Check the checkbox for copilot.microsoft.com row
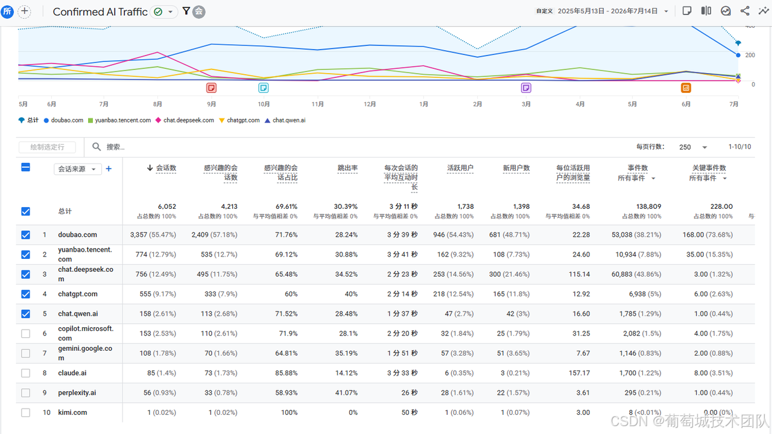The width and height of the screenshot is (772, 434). (25, 334)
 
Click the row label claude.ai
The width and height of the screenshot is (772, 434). (72, 373)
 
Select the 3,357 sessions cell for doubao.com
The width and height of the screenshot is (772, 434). (153, 235)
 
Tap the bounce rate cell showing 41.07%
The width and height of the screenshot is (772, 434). (346, 392)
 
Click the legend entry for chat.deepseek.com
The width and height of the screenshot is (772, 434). (185, 120)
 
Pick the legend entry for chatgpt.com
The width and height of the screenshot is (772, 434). (239, 120)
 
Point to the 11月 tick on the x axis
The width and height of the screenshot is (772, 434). (317, 104)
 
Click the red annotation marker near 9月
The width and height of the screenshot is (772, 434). (211, 88)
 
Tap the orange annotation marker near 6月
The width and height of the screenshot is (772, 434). (686, 88)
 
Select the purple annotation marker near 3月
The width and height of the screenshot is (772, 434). (526, 88)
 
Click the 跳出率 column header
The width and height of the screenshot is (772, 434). (347, 168)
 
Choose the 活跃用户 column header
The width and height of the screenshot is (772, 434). (460, 168)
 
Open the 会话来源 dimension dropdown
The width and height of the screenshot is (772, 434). (78, 169)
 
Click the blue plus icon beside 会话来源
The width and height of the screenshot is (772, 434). (109, 168)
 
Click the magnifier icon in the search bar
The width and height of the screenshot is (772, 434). (96, 147)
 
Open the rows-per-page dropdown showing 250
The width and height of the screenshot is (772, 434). (693, 147)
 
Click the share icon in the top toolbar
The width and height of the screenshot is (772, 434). (745, 11)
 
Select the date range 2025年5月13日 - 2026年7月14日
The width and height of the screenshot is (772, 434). (607, 11)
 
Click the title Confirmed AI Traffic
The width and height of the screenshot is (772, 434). (100, 11)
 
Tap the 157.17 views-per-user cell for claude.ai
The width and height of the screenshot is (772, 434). (580, 373)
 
